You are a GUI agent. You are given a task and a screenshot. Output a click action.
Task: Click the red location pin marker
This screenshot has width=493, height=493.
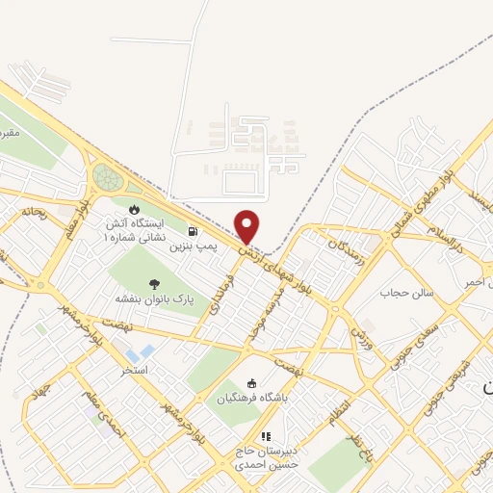click(248, 226)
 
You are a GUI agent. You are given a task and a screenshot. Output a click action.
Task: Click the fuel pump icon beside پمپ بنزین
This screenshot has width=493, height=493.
click(195, 231)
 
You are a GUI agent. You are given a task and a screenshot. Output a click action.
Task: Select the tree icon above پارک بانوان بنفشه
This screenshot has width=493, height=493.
click(154, 283)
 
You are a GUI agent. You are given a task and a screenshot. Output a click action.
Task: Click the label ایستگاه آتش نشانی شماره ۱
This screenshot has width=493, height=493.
click(135, 229)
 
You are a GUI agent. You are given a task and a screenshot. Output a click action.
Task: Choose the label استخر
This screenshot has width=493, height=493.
click(133, 369)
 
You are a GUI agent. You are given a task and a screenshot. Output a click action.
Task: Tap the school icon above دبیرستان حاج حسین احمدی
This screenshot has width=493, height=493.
click(267, 436)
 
